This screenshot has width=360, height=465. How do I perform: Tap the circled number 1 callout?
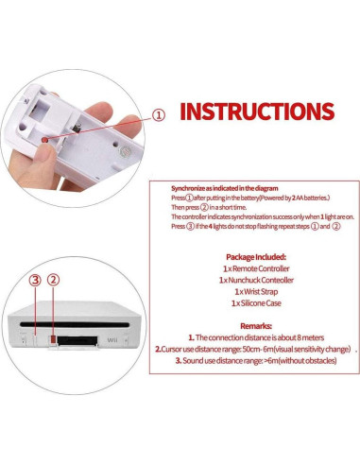[159, 114]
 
